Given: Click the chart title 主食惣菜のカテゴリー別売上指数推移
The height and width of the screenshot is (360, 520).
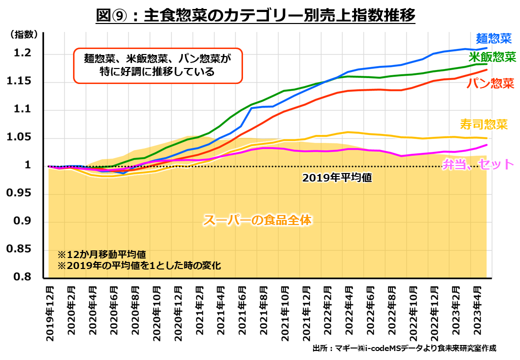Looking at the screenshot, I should [255, 16].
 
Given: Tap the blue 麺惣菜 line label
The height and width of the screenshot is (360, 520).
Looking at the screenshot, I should [494, 38].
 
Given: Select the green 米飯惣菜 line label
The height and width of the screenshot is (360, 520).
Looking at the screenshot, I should [492, 56].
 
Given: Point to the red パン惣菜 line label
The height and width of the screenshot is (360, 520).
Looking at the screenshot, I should [490, 83].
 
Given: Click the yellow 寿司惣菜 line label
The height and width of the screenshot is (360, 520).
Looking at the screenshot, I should [483, 124].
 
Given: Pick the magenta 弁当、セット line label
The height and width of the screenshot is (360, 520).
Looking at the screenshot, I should [478, 164].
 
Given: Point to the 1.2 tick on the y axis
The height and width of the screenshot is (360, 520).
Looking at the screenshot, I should [23, 53].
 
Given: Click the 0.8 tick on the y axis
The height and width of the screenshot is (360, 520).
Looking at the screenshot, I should [23, 277].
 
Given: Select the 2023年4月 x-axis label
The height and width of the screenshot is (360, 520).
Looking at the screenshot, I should [477, 311].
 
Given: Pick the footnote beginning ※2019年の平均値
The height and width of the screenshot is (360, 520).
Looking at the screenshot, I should [138, 265].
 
